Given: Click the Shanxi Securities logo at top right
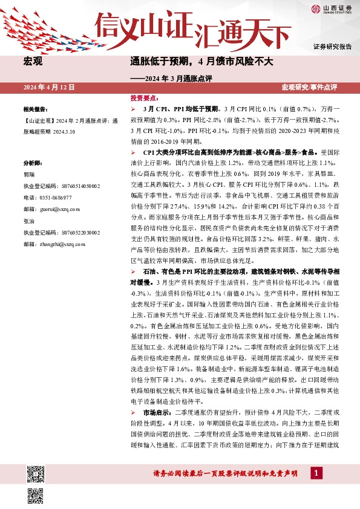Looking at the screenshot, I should pos(332,8).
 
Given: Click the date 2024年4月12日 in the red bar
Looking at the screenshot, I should pos(49,88).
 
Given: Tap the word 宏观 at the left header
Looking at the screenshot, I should pos(33,62).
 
